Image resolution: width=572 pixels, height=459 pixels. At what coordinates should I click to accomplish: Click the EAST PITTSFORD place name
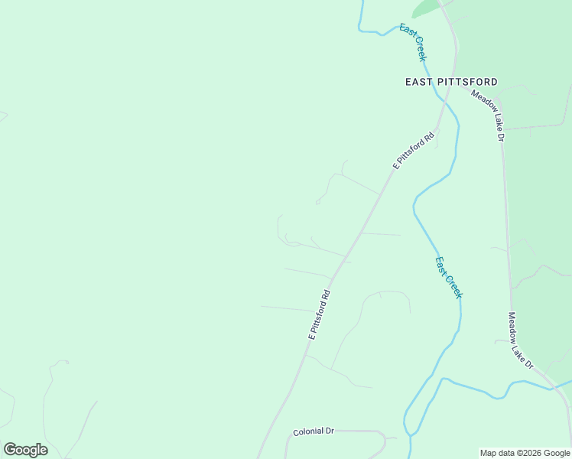point(451,82)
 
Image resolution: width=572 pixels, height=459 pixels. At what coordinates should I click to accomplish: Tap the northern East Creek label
point(413,42)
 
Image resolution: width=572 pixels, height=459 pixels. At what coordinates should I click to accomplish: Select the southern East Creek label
point(449,277)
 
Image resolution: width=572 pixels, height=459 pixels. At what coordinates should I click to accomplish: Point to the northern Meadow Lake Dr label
point(488,116)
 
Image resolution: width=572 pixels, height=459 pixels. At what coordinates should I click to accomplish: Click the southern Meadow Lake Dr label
point(521,340)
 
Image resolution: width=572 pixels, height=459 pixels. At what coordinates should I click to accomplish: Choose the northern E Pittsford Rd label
point(414,151)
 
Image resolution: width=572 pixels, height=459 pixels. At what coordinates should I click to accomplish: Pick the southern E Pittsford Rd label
point(319,314)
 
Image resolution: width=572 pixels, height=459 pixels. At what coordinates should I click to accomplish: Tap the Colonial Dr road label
point(314,431)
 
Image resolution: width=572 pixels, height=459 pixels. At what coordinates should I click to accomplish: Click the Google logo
point(25,449)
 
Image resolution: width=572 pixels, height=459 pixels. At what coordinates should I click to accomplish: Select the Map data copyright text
point(525,453)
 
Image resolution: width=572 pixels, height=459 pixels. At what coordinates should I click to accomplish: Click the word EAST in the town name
point(420,82)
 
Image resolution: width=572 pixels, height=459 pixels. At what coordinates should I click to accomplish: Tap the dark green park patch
point(425,8)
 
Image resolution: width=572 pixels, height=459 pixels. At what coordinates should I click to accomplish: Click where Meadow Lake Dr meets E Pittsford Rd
point(457,84)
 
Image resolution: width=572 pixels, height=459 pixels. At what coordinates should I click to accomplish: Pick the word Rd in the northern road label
point(428,137)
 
